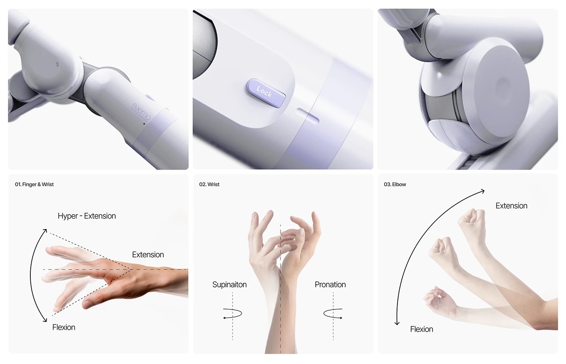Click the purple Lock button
click(x=266, y=93)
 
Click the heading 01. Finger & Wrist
click(x=34, y=185)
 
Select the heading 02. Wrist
click(x=209, y=185)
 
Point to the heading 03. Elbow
click(x=395, y=185)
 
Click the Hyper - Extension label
click(x=87, y=216)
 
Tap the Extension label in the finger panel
click(x=148, y=255)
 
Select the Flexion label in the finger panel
click(x=64, y=328)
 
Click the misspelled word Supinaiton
click(x=229, y=285)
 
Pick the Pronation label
click(x=330, y=285)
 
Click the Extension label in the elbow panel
click(x=511, y=206)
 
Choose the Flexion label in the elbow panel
click(x=422, y=330)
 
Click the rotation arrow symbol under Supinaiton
click(x=232, y=314)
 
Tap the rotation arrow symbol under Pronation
click(x=333, y=314)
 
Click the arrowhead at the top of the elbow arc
click(x=482, y=191)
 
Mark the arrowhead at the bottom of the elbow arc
click(x=397, y=323)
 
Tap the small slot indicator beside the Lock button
click(x=308, y=115)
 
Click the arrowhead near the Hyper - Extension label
click(x=45, y=231)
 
